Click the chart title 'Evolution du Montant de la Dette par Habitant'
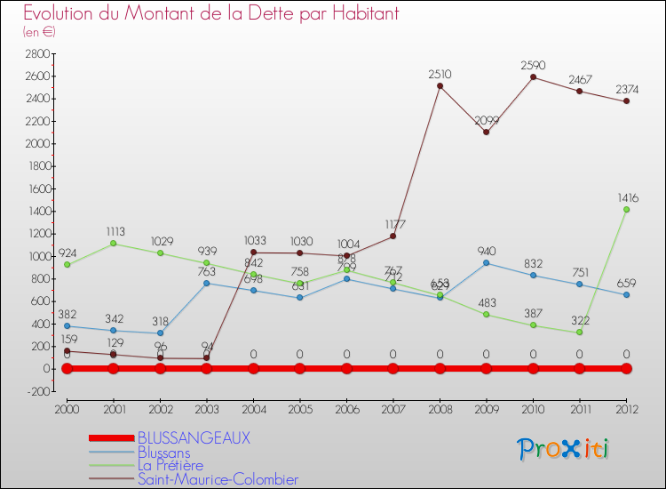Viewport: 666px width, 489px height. (x=210, y=13)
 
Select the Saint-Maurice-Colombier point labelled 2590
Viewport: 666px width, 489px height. (x=533, y=76)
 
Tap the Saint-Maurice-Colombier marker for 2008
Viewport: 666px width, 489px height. (x=440, y=85)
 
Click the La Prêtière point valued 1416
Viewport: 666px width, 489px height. (x=626, y=209)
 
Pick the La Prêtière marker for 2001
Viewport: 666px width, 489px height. (x=113, y=244)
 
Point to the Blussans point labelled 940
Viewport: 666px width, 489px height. (x=486, y=262)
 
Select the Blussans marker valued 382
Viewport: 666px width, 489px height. (x=67, y=325)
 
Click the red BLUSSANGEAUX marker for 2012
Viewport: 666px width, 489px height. (x=626, y=368)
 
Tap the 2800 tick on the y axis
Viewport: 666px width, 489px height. (x=36, y=53)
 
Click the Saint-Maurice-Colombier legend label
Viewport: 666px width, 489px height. (x=218, y=480)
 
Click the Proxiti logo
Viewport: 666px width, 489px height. (x=564, y=449)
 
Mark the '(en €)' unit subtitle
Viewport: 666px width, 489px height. (x=39, y=32)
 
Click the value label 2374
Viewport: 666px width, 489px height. (x=626, y=88)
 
